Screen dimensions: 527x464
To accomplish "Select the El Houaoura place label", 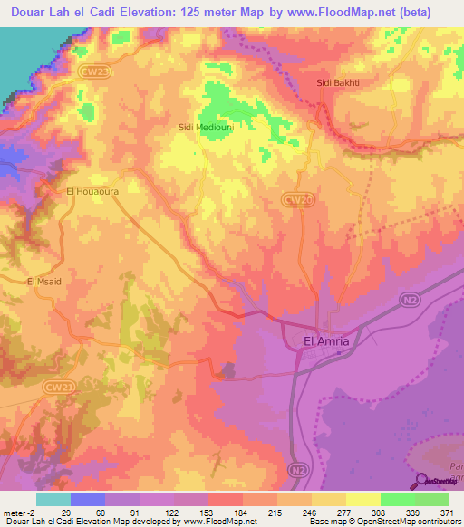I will tap(92, 192).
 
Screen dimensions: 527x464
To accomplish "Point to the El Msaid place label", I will tap(43, 282).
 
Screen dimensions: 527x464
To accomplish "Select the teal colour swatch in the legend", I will tap(53, 499).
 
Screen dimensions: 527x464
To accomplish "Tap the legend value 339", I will tap(397, 513).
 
